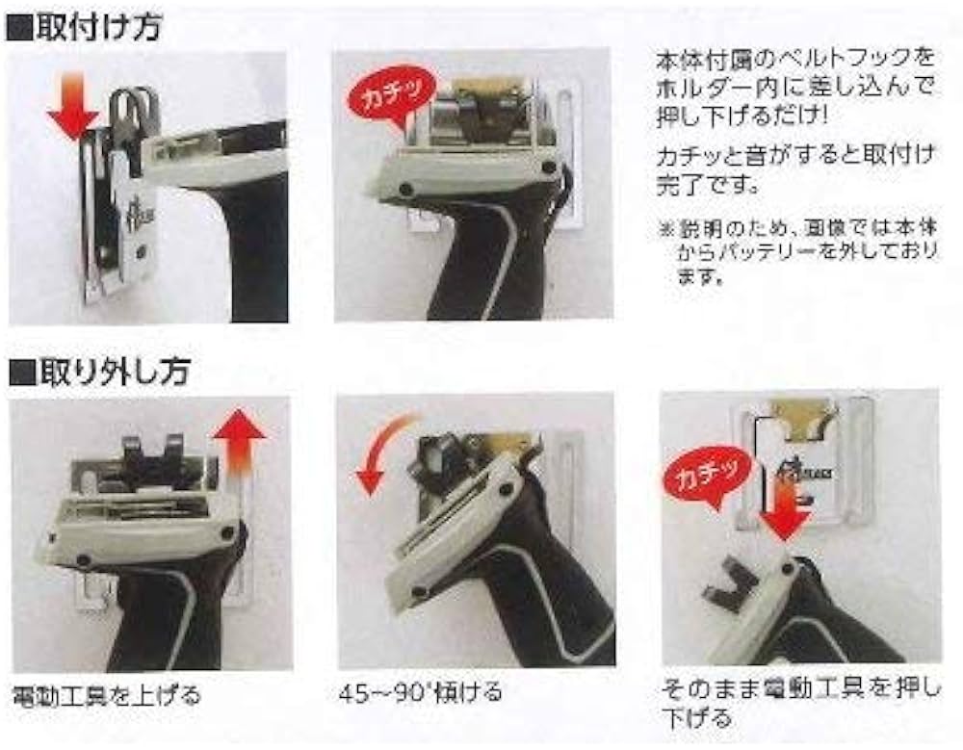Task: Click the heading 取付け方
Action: [x=96, y=26]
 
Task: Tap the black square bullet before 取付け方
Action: [x=18, y=27]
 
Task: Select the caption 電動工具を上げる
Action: [x=106, y=694]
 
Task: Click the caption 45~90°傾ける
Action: [x=421, y=692]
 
